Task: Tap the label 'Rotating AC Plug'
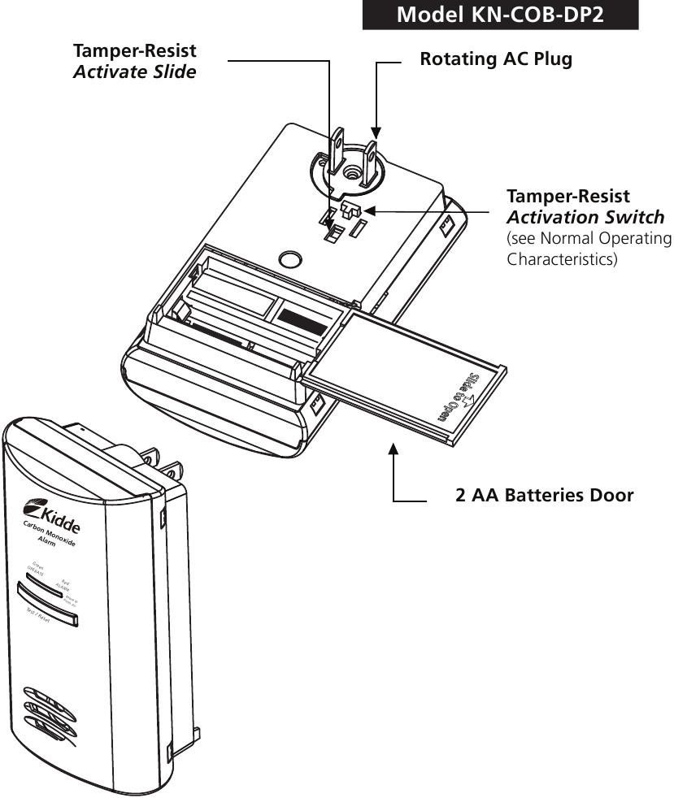[496, 60]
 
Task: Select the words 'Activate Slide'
[135, 72]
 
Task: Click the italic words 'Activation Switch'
[585, 218]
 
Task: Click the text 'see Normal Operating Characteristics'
[589, 249]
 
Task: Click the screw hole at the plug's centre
[351, 171]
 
